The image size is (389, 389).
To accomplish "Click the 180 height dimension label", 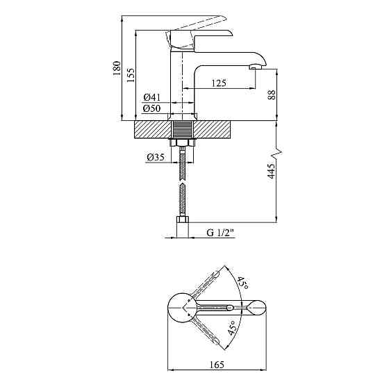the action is (117, 68).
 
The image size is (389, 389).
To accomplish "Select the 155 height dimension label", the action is (131, 74).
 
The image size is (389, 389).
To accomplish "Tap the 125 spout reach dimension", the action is (219, 83).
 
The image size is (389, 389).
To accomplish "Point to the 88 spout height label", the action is (272, 94).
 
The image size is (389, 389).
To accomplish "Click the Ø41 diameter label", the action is (152, 97).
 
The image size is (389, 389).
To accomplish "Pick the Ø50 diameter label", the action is (152, 108).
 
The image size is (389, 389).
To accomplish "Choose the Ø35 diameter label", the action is (156, 157).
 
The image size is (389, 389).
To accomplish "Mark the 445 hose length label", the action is (272, 171).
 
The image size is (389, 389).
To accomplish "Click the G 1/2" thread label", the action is (220, 233).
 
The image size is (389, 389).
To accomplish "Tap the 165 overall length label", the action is (217, 365).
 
